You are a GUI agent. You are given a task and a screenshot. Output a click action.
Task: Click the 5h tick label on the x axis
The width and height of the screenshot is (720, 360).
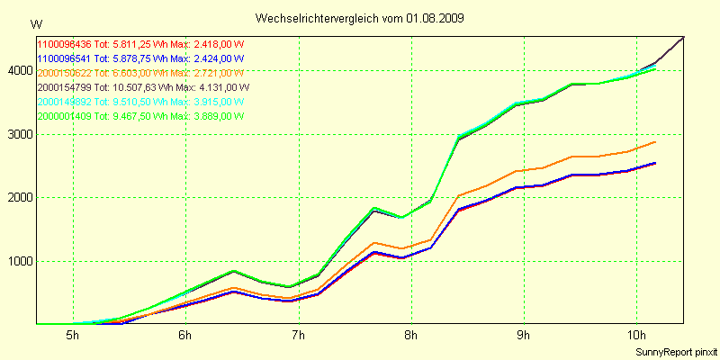73,336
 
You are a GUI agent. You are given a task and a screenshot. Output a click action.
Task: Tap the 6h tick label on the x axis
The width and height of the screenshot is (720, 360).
185,336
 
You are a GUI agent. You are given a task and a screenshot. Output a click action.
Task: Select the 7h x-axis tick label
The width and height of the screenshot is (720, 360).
298,336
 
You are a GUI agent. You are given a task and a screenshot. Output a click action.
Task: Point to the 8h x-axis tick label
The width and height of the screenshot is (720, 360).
411,336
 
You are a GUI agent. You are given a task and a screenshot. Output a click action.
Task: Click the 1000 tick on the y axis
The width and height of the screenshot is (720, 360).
17,262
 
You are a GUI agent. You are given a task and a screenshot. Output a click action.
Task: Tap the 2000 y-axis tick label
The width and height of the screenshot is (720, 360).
17,198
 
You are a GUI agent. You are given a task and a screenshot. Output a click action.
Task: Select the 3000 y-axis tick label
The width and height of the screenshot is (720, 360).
17,134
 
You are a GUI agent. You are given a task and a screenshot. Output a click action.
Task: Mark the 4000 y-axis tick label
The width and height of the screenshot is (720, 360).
17,71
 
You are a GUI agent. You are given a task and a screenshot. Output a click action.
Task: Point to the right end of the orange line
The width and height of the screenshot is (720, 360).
655,142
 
